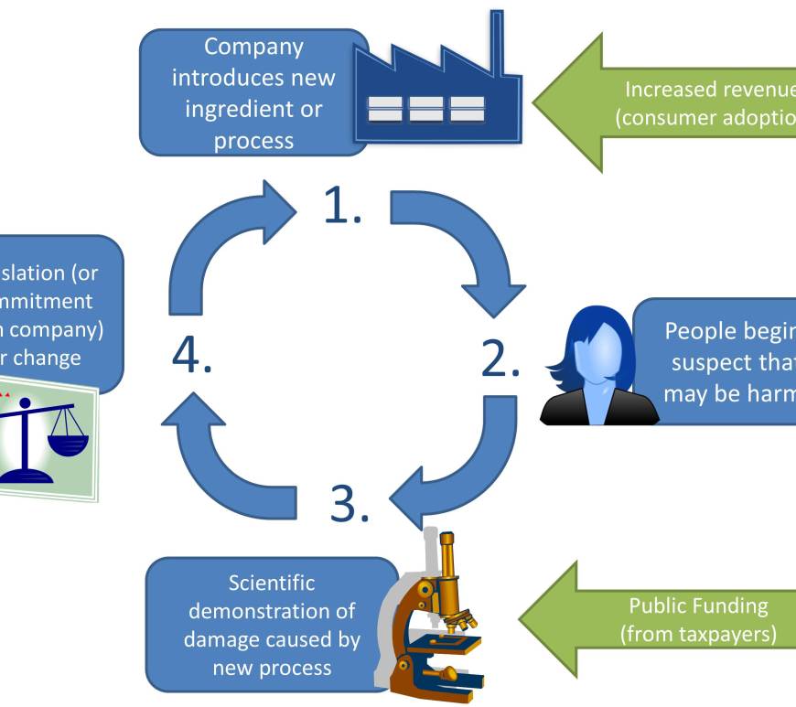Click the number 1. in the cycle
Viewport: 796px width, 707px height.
pos(343,208)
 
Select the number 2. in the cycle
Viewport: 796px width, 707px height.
pos(500,360)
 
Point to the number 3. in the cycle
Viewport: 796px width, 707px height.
pos(350,503)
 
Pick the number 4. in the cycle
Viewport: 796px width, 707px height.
pos(192,356)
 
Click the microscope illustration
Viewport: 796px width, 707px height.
pos(439,622)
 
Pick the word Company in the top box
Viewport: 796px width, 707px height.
pos(253,46)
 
